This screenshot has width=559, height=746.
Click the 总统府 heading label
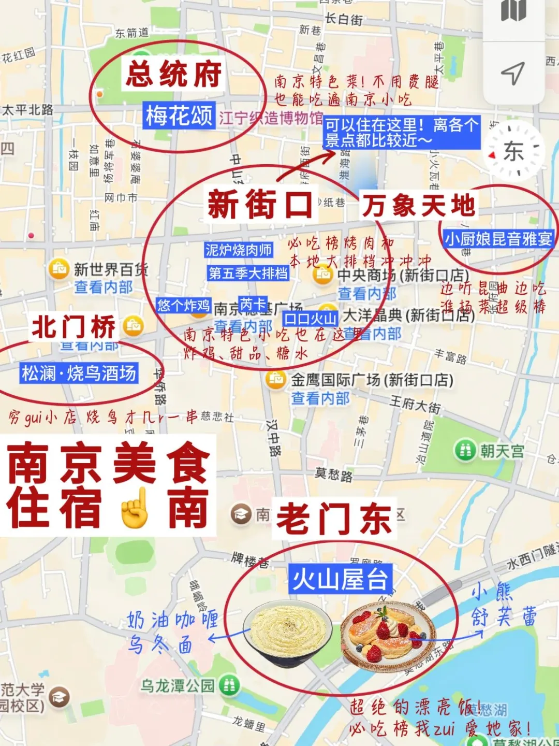point(174,74)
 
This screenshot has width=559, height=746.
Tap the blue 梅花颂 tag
point(179,115)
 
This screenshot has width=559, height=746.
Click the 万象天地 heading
point(418,205)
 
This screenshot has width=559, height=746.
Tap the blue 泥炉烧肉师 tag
point(238,250)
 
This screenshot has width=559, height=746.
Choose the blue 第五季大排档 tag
point(248,273)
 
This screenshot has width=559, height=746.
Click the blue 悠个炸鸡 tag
point(183,305)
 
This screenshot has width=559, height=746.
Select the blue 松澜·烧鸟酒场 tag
point(79,373)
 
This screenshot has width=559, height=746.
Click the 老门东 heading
point(334,519)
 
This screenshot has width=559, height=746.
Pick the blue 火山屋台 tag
point(340,579)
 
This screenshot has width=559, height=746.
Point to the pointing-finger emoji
point(134,508)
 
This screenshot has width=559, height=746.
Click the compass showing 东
point(514,151)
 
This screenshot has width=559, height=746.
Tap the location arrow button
point(513,74)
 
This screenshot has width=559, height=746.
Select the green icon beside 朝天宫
point(465,450)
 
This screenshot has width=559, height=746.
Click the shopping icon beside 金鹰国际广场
point(276,380)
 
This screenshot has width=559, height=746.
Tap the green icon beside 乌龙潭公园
point(229,686)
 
